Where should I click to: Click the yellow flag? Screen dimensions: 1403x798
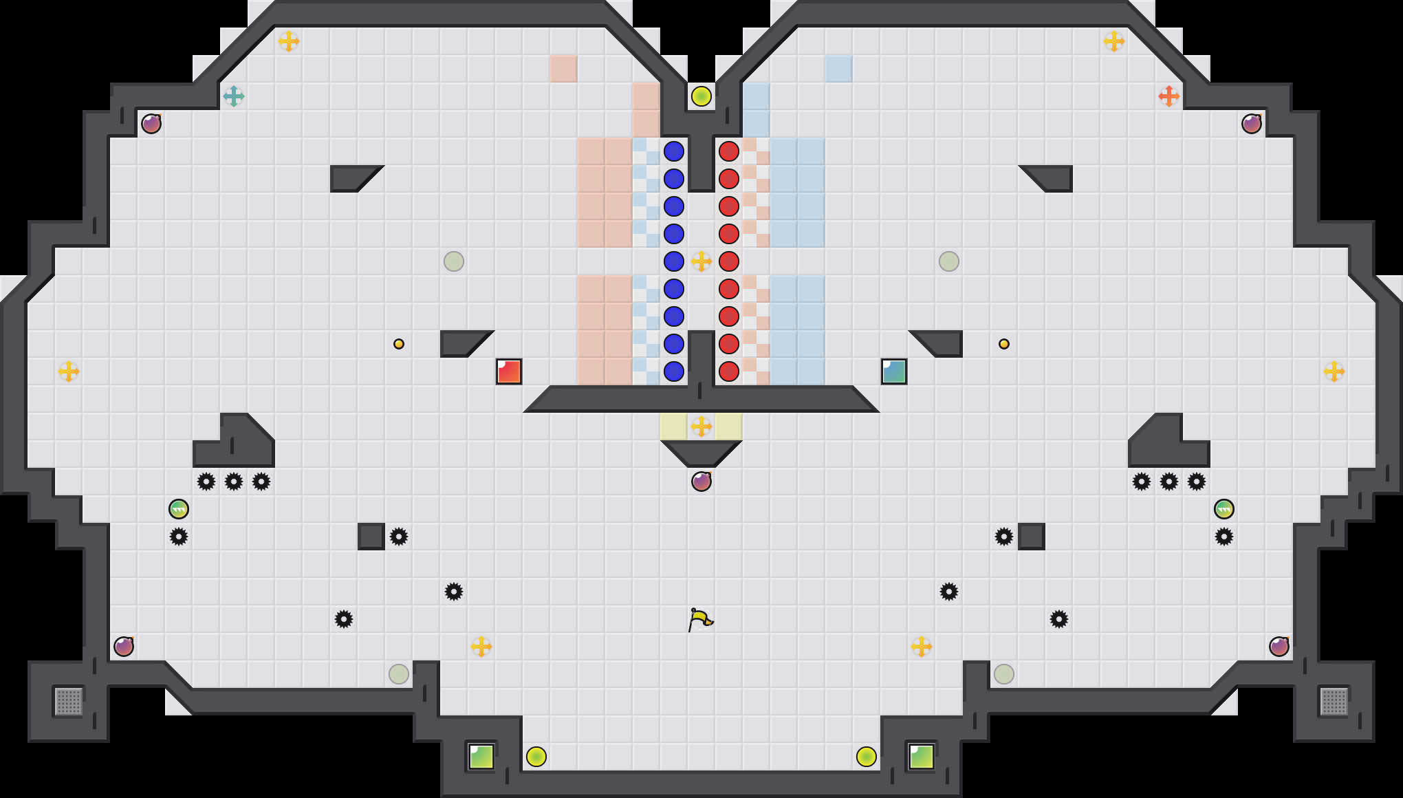click(700, 619)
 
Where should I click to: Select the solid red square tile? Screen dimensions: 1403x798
click(509, 371)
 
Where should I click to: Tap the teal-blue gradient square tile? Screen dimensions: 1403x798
click(894, 371)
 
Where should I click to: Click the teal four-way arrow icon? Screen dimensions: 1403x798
click(234, 96)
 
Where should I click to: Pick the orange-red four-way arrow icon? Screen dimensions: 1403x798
click(1169, 96)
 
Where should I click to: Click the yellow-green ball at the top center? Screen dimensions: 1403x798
click(701, 96)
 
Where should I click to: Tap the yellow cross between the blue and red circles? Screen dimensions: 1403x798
click(701, 261)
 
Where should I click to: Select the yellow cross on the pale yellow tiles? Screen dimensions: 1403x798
click(701, 427)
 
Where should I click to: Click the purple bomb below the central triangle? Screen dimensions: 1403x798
click(701, 482)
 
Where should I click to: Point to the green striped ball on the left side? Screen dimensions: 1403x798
click(179, 509)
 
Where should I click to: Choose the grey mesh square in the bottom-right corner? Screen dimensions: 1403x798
click(1334, 702)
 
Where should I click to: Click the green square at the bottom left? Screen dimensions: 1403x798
click(481, 757)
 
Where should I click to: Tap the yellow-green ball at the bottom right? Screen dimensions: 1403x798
click(867, 757)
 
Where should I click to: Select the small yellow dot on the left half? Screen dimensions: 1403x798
click(399, 344)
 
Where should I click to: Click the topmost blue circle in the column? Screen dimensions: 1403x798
click(674, 151)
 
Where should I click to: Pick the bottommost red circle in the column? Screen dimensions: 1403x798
click(729, 371)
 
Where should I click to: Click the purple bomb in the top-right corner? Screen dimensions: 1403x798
click(1252, 124)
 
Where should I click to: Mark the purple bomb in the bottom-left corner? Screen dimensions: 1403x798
click(124, 647)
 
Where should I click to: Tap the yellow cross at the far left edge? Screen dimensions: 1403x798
click(69, 371)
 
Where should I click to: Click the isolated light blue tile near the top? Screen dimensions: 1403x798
click(839, 69)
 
